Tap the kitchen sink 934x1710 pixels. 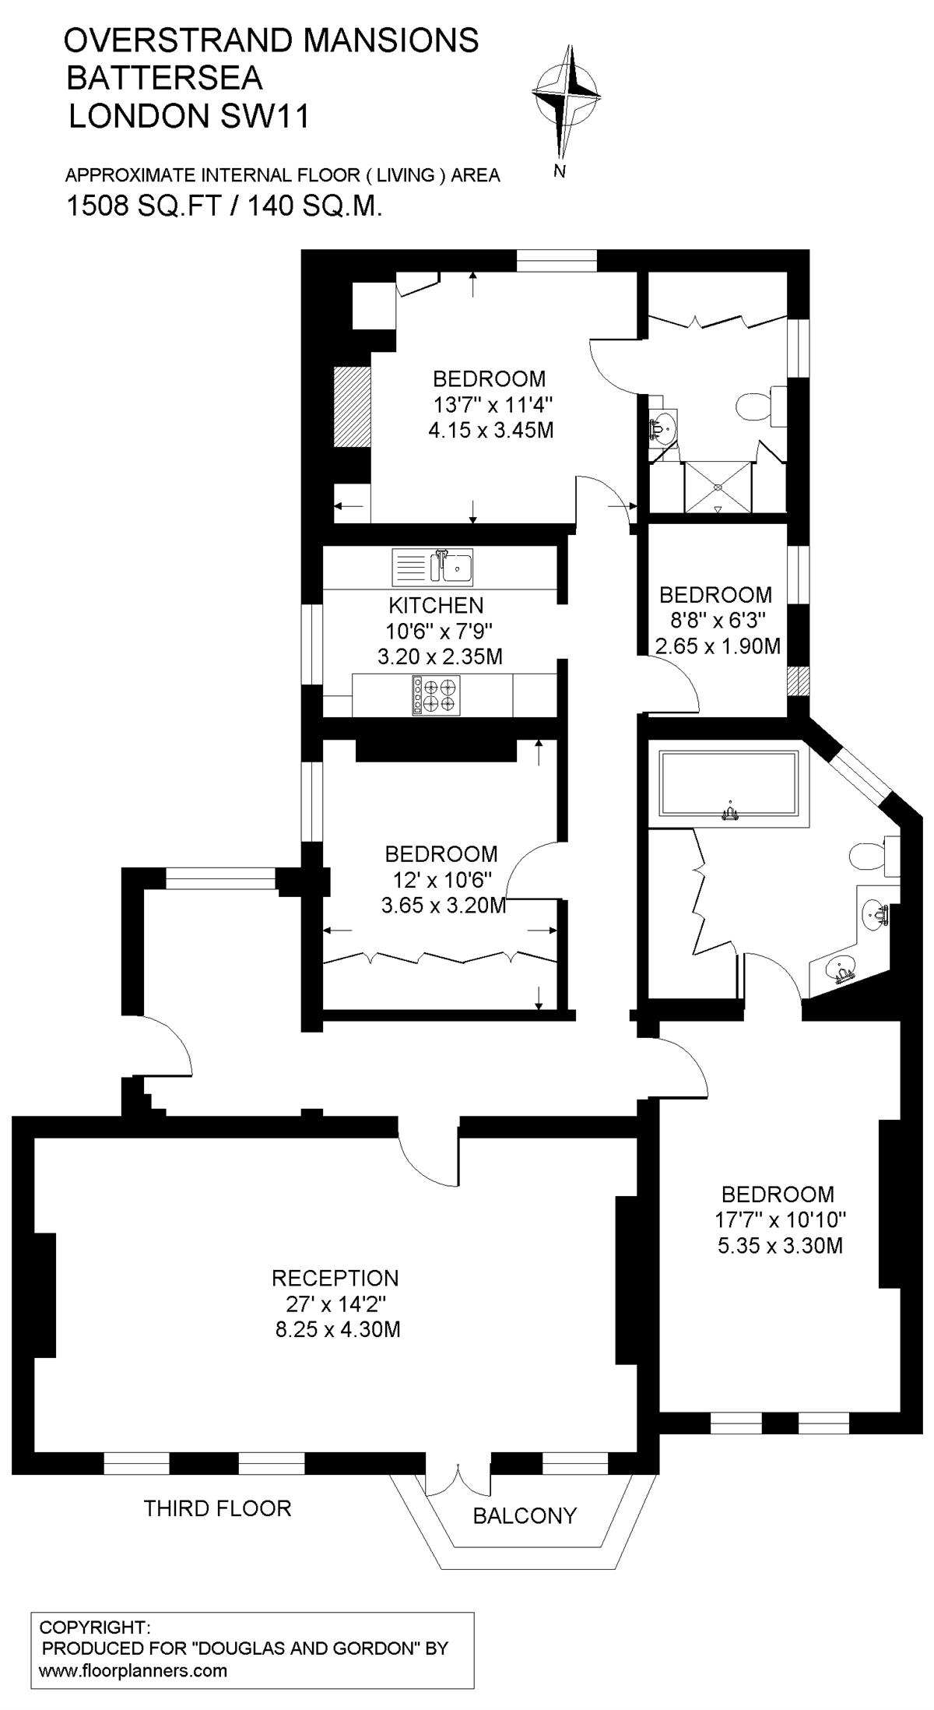click(433, 566)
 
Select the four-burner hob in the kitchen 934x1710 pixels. click(436, 695)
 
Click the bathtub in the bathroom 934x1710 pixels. click(729, 784)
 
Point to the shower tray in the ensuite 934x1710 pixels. click(718, 487)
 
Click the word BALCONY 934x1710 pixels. click(525, 1515)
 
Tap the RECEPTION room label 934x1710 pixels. click(335, 1278)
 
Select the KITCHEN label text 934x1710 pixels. click(436, 605)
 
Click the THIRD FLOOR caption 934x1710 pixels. click(217, 1508)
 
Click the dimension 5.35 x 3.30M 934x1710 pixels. click(780, 1245)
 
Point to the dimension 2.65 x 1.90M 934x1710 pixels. click(718, 646)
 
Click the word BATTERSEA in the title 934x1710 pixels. click(164, 79)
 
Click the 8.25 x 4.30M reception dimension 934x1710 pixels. click(338, 1328)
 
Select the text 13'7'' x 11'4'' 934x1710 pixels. click(493, 404)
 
